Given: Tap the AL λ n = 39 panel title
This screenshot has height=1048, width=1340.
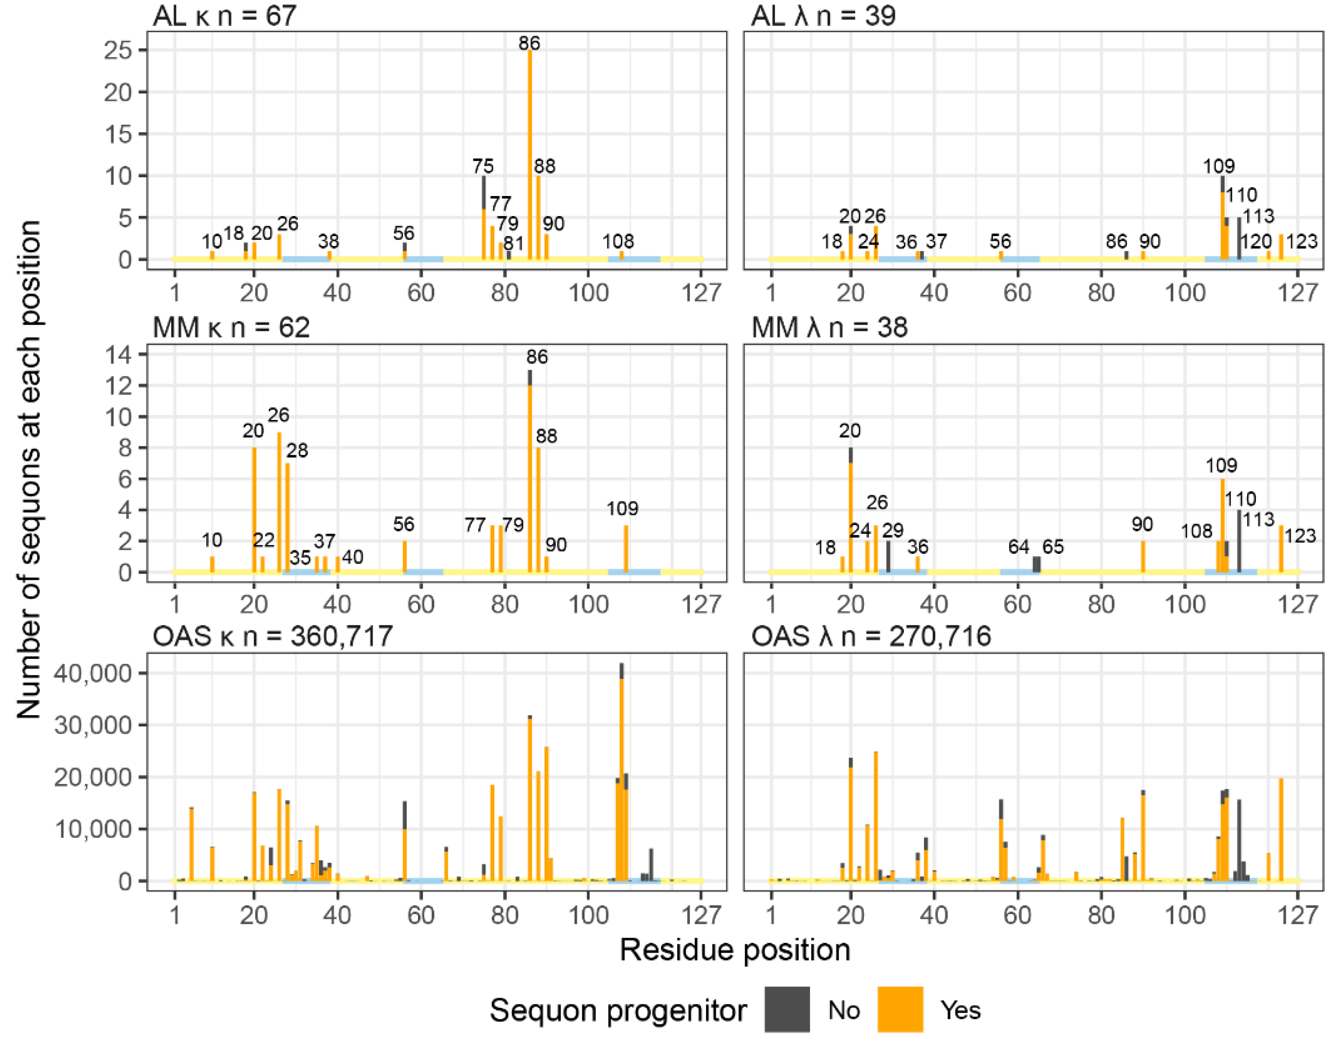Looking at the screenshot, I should tap(823, 15).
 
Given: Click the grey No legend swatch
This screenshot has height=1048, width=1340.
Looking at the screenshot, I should tap(787, 1009).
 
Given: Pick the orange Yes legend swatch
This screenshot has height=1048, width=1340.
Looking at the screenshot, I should tap(900, 1009).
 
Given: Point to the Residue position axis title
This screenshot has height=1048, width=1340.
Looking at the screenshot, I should tap(734, 950).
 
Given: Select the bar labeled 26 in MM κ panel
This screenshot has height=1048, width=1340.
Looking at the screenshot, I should tap(279, 503).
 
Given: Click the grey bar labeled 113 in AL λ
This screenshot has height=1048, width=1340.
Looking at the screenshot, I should tap(1239, 240).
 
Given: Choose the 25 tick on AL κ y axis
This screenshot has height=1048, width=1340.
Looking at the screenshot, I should tap(118, 50).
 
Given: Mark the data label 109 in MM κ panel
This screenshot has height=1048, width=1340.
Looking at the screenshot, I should tap(622, 509).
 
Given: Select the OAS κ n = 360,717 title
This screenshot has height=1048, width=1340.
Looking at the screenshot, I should tap(272, 636).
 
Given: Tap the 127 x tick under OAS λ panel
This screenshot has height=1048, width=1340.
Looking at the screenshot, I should tap(1297, 915).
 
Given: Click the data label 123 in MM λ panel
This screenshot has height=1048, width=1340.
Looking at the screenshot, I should tap(1299, 536).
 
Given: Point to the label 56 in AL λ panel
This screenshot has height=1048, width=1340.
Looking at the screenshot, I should tap(1000, 241).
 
